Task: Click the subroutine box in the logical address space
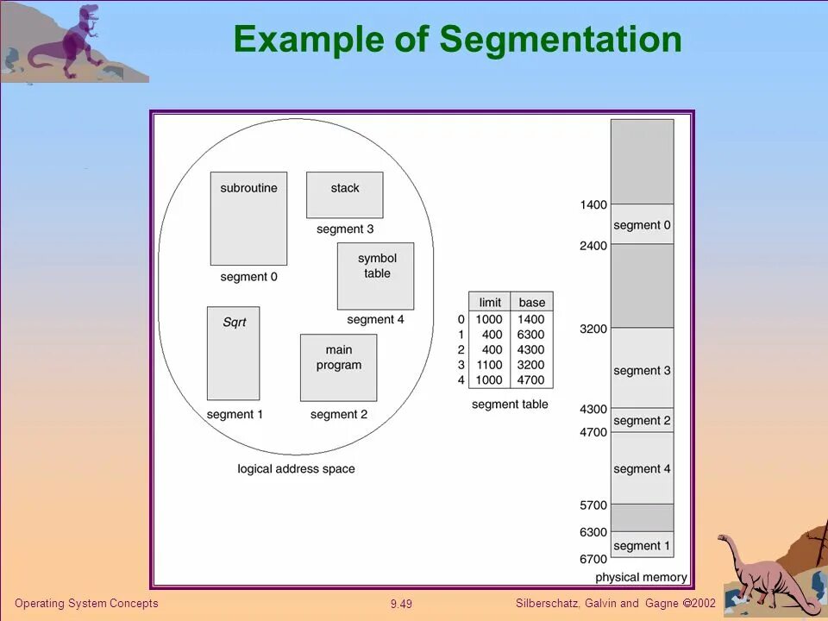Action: click(248, 219)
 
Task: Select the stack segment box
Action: click(345, 195)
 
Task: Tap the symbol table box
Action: click(375, 276)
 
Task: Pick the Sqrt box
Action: click(233, 353)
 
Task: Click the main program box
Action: click(339, 367)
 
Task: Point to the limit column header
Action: click(490, 302)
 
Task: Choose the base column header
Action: click(532, 302)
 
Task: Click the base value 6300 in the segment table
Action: click(531, 335)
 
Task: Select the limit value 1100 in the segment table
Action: click(489, 365)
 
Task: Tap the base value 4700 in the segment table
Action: click(531, 380)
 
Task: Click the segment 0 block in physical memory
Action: click(642, 225)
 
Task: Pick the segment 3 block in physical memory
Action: click(642, 369)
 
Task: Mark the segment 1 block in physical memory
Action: click(642, 545)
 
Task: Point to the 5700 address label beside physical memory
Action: click(593, 505)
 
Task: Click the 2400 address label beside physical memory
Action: click(593, 246)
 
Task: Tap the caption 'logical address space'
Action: click(296, 469)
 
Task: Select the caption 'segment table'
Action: click(510, 404)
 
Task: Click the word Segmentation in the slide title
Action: click(561, 40)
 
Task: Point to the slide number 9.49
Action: click(401, 604)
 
